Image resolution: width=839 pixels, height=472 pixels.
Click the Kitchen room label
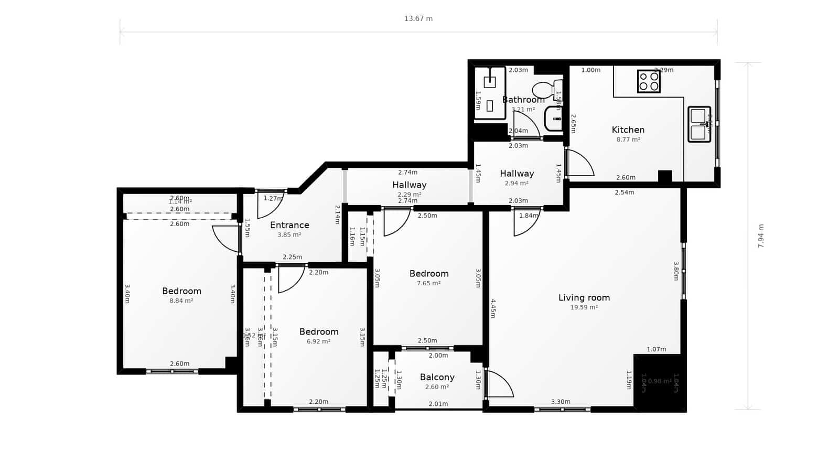tap(628, 130)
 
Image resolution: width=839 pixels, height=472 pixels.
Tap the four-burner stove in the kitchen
tap(649, 81)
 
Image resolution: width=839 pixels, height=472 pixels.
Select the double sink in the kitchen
tap(698, 124)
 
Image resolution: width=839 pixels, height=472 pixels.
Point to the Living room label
tap(584, 297)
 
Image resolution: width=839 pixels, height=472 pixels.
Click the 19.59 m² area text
tap(584, 307)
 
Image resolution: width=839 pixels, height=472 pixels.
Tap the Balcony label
tap(437, 377)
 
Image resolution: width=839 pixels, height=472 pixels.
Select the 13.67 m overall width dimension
tap(418, 18)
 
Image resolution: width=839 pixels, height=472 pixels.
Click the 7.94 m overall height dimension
tap(761, 236)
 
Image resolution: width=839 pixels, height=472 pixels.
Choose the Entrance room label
tap(289, 225)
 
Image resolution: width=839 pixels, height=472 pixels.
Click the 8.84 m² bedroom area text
tap(181, 301)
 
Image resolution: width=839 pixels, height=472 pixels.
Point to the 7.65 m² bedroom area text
tap(428, 283)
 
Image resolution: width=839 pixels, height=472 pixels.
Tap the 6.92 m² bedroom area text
tap(318, 341)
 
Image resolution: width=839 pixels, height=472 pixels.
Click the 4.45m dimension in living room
tap(493, 308)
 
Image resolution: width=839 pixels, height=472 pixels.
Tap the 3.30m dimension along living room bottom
tap(561, 402)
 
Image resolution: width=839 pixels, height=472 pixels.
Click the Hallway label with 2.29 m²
tap(409, 185)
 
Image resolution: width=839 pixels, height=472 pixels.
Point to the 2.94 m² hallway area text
tap(517, 184)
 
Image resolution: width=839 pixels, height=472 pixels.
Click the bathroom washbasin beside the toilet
tap(554, 119)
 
